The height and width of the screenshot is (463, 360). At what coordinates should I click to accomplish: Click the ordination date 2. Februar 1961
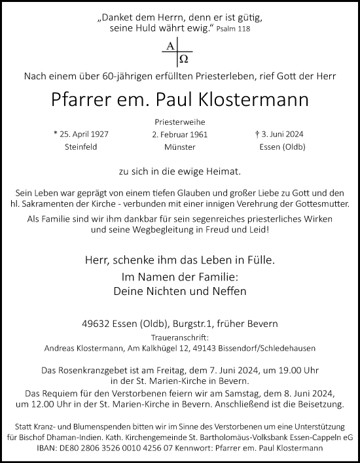(x=181, y=135)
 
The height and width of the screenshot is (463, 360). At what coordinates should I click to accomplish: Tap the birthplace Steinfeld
(x=81, y=147)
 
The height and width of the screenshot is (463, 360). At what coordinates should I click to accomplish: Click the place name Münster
(x=181, y=147)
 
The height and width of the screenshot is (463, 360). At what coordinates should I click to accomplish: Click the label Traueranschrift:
(x=180, y=336)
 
